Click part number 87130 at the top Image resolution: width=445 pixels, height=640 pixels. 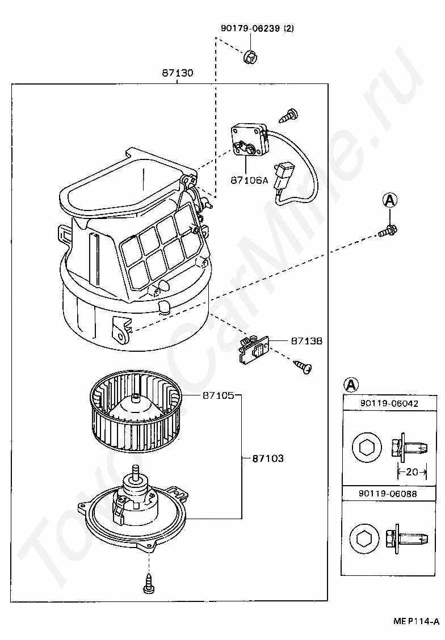(178, 73)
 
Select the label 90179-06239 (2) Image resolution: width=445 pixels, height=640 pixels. (257, 28)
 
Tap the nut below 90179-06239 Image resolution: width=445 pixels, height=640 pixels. (249, 57)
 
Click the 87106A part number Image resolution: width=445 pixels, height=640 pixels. (249, 180)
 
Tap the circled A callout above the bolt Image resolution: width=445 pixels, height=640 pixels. (389, 200)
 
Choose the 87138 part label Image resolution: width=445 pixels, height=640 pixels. (307, 340)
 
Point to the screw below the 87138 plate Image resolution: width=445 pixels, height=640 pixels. (303, 366)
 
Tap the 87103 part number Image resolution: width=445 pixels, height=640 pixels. (268, 458)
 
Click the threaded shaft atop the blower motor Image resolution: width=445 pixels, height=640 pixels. (135, 473)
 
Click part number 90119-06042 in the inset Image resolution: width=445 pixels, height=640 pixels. (389, 403)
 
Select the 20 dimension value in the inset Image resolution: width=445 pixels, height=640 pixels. (412, 472)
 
